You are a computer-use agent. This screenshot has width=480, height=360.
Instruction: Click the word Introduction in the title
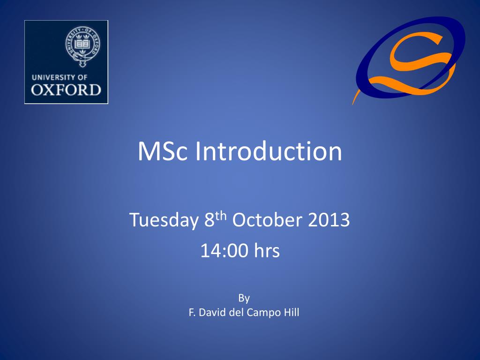pos(268,151)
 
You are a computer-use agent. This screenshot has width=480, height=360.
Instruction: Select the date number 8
pos(209,220)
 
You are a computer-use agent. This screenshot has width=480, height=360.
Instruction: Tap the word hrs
pos(267,251)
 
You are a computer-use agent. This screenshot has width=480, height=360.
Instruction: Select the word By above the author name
pos(244,298)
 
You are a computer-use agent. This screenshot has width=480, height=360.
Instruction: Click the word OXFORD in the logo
pos(66,90)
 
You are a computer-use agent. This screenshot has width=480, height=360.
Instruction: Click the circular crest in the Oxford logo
pos(82,45)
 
